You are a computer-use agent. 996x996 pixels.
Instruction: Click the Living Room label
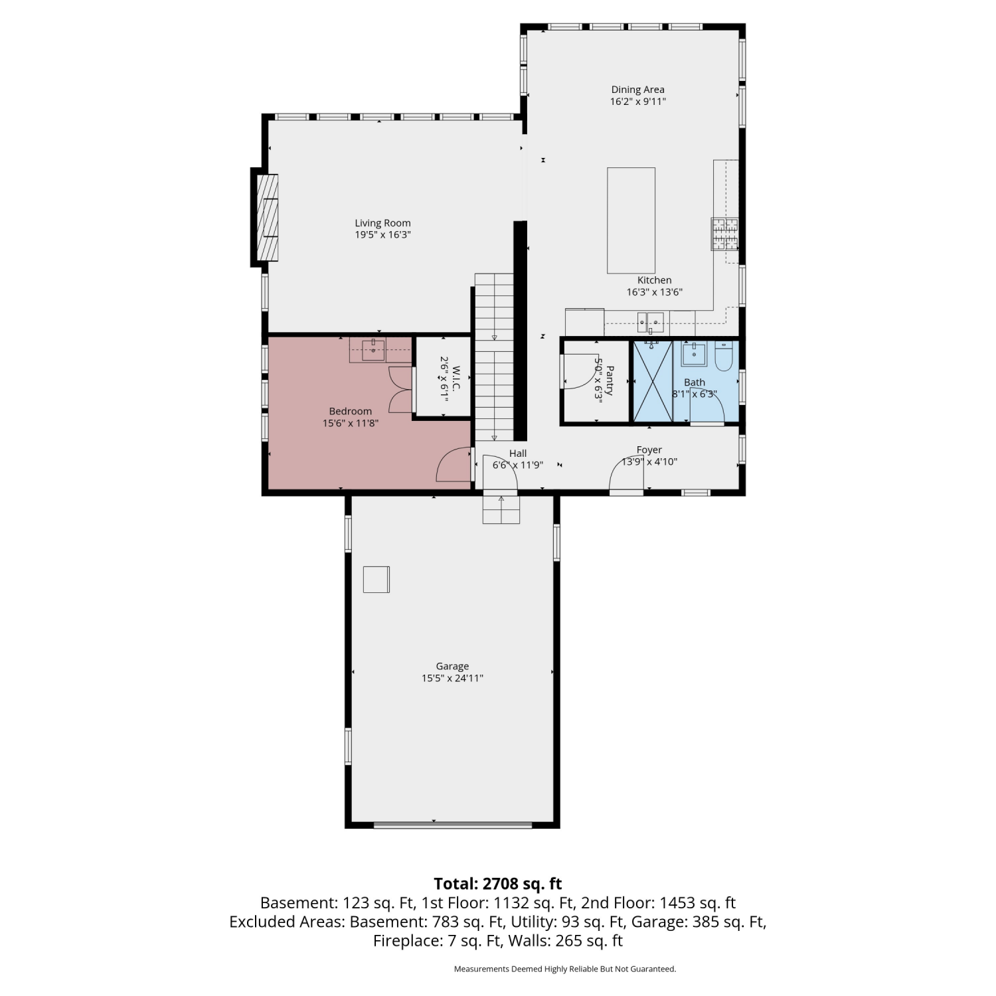382,223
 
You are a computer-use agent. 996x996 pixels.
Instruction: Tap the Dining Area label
637,90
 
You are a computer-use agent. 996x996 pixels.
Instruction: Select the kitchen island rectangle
631,220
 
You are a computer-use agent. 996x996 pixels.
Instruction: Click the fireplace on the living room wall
265,217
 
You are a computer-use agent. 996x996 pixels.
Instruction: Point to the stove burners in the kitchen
724,234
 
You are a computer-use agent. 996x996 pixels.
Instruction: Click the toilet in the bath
723,357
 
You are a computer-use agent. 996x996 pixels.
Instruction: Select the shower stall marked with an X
653,381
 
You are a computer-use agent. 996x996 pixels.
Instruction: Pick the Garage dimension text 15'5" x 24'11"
452,678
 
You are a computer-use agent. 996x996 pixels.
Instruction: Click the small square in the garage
376,579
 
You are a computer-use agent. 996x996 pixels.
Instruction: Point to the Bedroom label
350,411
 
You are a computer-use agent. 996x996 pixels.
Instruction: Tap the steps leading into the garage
501,509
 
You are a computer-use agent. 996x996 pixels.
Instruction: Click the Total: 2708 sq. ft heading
498,884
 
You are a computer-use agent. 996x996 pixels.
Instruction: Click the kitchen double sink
651,322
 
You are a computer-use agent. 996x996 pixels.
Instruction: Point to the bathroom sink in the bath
694,354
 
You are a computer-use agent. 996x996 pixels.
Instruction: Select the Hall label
518,454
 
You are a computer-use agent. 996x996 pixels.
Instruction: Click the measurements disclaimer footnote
565,969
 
